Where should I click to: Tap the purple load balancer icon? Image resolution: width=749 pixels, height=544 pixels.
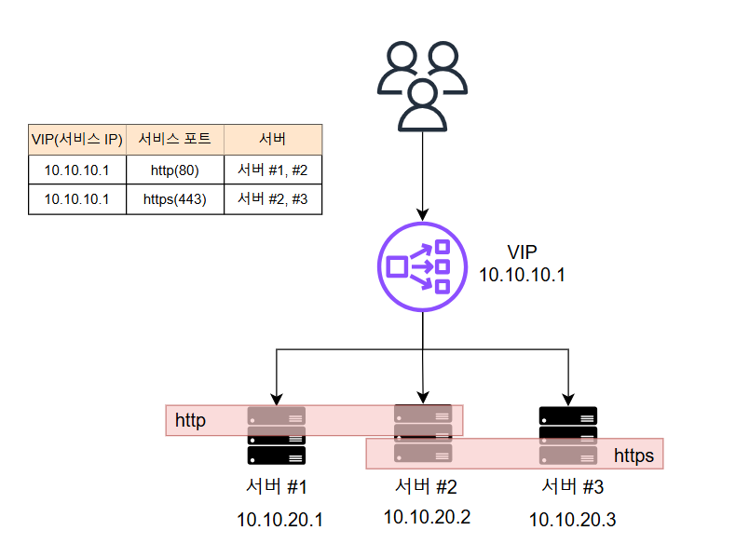coord(422,265)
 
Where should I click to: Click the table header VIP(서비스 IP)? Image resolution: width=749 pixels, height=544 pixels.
coord(76,139)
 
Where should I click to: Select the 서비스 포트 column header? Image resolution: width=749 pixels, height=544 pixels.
coord(174,139)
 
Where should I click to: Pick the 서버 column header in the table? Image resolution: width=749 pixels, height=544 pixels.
coord(273,139)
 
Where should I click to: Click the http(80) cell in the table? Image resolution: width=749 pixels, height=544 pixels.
coord(174,170)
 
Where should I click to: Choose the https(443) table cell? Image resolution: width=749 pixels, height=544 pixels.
coord(174,199)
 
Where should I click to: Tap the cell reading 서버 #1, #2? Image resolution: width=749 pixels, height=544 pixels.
coord(273,170)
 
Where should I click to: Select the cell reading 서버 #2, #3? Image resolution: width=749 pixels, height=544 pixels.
coord(273,199)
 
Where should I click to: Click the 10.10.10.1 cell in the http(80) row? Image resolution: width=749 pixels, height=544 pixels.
coord(76,170)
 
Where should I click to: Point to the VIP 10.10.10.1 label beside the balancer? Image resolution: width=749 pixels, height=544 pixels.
coord(522,264)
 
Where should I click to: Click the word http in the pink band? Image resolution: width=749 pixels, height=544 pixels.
coord(190,421)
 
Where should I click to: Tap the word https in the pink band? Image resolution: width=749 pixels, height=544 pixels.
coord(633,456)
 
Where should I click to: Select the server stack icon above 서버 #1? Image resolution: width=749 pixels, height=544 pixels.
coord(276,435)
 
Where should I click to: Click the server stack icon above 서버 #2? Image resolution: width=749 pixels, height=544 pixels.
coord(423,433)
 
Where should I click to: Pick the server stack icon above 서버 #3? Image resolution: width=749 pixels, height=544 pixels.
coord(568,435)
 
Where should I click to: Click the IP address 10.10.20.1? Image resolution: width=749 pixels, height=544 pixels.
coord(279,520)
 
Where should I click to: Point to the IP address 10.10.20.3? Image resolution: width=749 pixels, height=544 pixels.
coord(572,520)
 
